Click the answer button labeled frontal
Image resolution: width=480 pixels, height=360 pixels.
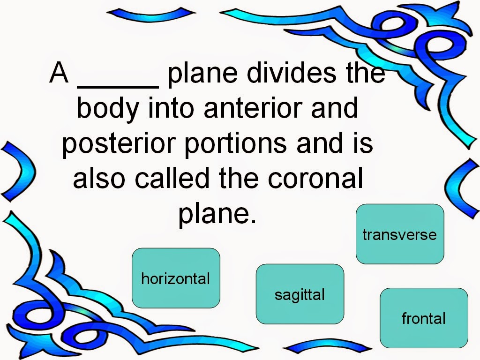(424, 318)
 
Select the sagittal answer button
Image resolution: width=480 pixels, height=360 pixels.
(300, 294)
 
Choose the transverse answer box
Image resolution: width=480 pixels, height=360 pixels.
(400, 234)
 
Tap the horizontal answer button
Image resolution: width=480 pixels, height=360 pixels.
(176, 278)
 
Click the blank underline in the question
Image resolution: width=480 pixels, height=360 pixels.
(118, 87)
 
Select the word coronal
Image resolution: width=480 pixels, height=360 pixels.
(315, 178)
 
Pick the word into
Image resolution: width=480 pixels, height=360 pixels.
(171, 108)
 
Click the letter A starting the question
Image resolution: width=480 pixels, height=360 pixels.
(59, 73)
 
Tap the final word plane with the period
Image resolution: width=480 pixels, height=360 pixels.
(217, 214)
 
